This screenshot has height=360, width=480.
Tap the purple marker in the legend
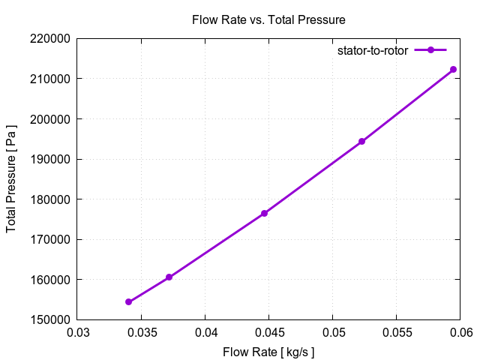430,50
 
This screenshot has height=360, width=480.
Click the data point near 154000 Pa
129,301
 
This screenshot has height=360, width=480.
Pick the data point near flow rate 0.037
169,277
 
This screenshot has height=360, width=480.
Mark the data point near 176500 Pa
265,213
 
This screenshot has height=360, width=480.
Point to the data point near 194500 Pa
361,141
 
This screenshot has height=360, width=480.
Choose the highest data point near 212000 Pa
453,69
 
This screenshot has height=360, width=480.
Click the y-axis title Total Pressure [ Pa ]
11,178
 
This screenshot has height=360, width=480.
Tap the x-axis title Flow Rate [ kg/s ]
268,352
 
